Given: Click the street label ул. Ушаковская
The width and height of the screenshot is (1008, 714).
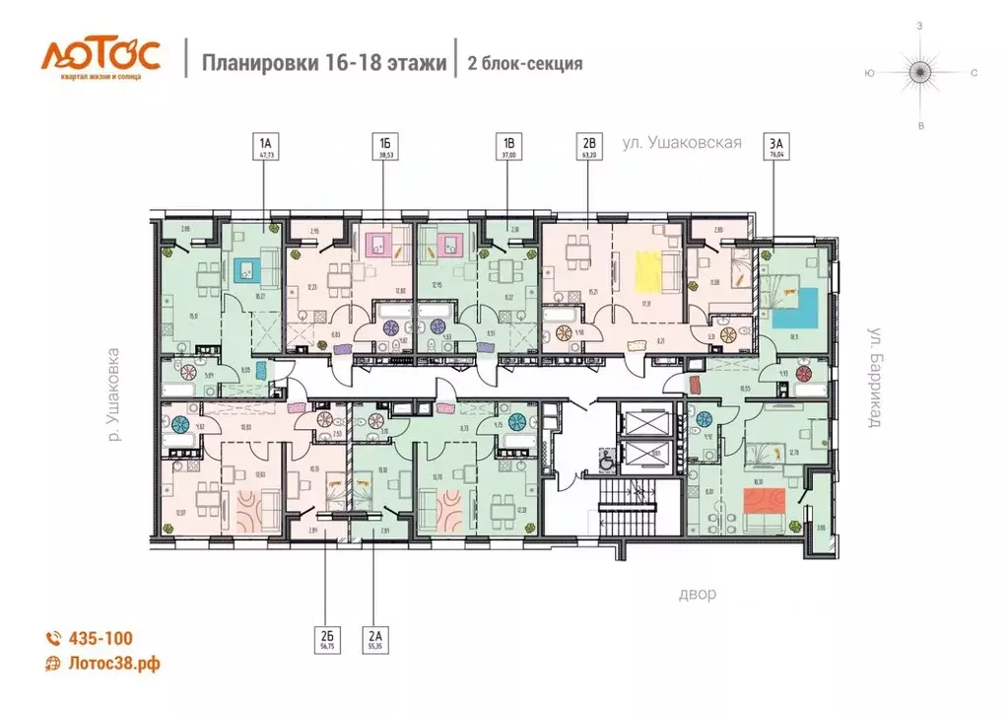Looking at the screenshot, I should click(x=681, y=144).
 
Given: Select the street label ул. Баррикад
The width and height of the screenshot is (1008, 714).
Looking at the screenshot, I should click(x=873, y=377).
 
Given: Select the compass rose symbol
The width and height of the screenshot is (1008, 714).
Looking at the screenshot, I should click(x=918, y=72).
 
